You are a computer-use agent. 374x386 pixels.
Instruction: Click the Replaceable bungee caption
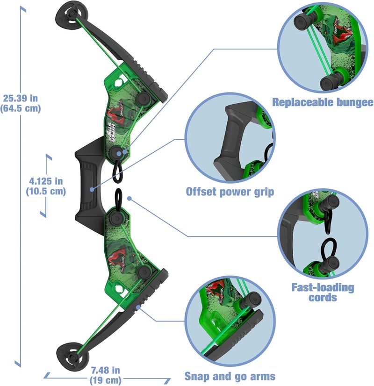(x=323, y=102)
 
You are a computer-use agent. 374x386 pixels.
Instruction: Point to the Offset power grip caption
(x=230, y=191)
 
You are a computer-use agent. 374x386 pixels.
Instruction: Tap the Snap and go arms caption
(x=230, y=376)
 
